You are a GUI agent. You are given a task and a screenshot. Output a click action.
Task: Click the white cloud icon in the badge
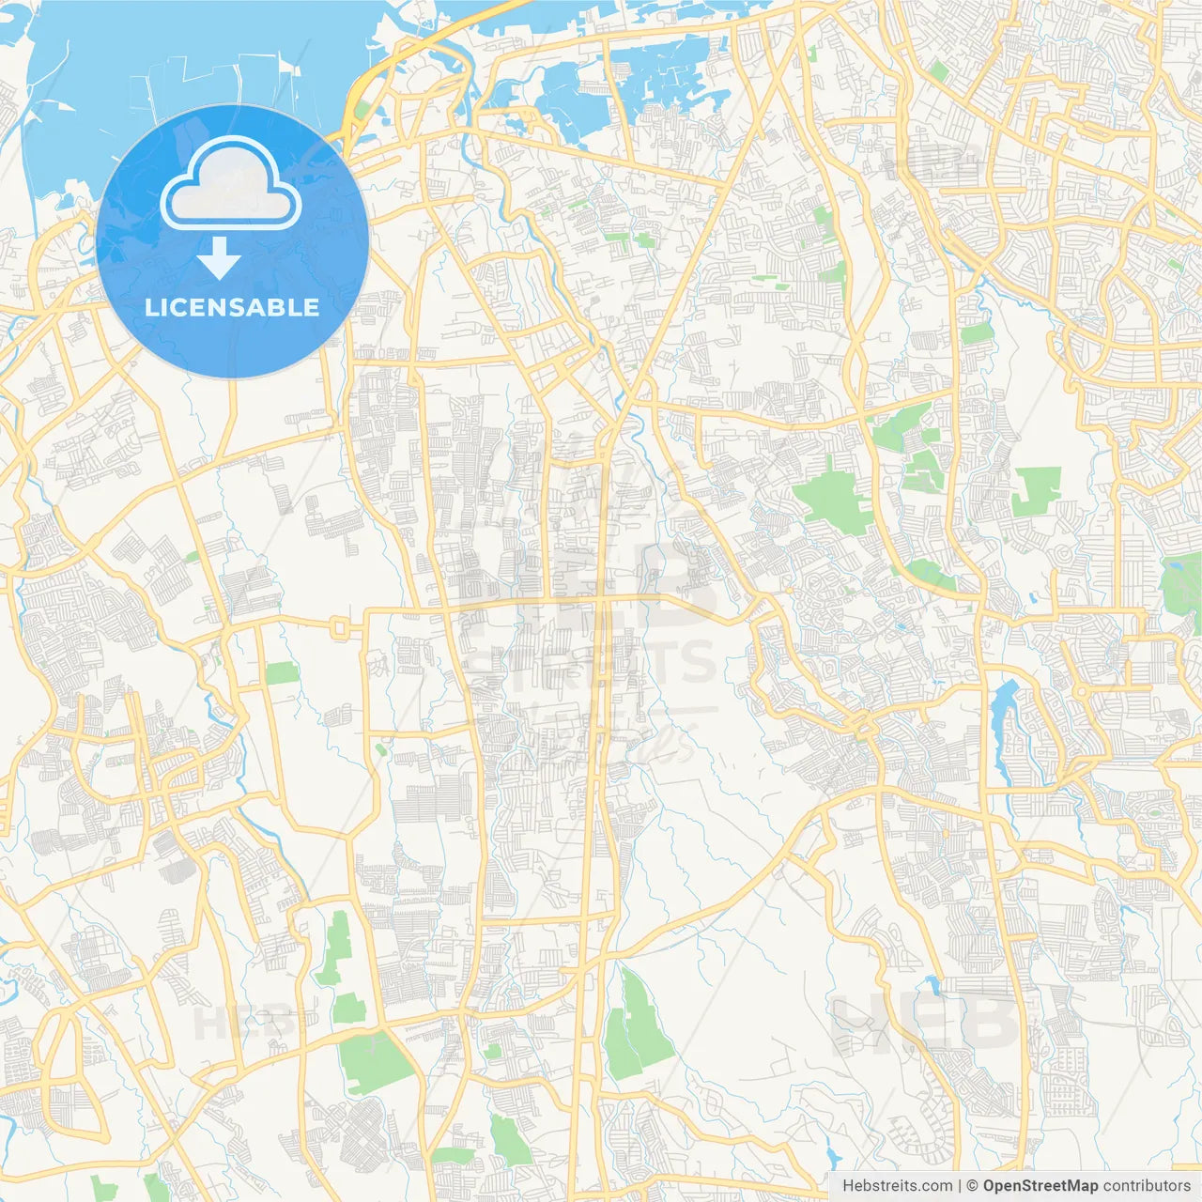231,184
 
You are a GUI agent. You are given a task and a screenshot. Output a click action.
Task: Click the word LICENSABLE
232,307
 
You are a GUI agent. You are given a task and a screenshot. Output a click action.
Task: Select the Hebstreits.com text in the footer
897,1186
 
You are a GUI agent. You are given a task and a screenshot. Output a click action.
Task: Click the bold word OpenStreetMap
1040,1186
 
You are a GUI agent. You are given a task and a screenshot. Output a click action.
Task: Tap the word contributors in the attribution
1146,1186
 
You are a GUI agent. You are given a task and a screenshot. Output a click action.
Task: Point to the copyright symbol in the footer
972,1186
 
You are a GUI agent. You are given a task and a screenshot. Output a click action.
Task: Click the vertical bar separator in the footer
960,1186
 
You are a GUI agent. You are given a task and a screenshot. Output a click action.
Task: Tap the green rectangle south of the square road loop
281,672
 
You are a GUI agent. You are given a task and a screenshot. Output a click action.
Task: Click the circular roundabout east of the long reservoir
1081,692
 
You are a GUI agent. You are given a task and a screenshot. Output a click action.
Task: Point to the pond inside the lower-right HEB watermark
932,985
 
